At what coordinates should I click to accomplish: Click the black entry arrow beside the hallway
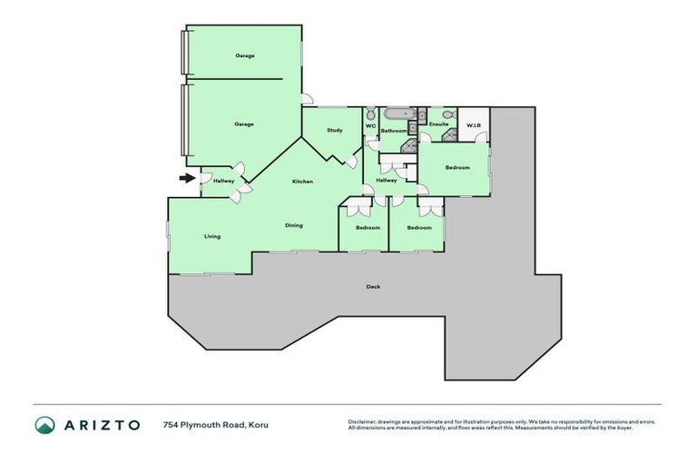[187, 178]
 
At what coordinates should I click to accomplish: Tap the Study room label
[334, 131]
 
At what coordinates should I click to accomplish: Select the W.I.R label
[473, 124]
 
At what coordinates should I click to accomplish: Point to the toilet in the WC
[370, 114]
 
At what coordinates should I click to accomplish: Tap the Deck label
[373, 287]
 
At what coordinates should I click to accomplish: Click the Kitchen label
[302, 182]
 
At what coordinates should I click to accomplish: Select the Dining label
[294, 225]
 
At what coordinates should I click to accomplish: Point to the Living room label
[212, 236]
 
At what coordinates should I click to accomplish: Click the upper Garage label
[244, 55]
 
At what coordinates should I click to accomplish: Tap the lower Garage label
[244, 124]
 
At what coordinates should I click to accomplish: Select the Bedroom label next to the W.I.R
[457, 168]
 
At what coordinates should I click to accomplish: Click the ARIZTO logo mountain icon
[44, 425]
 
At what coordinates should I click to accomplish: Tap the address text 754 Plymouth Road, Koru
[215, 425]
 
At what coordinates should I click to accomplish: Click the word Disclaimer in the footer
[363, 422]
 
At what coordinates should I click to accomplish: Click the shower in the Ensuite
[450, 134]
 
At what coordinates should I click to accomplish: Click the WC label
[370, 126]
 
